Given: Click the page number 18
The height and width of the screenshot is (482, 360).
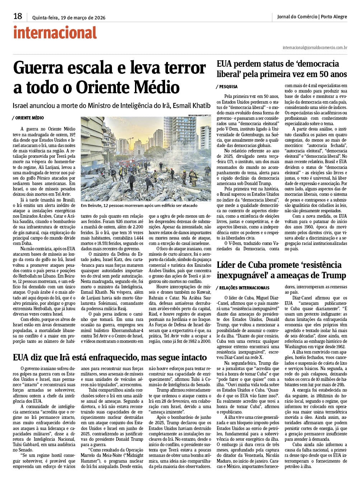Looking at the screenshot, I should point(18,16).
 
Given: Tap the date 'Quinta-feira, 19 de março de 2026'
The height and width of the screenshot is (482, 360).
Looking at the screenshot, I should point(69,18).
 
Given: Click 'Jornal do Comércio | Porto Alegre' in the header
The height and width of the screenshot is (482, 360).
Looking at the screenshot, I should point(312,17).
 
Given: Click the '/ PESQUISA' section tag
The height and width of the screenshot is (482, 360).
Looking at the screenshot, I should point(227,87).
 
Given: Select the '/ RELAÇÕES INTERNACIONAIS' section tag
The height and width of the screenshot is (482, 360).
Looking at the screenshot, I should point(243,288).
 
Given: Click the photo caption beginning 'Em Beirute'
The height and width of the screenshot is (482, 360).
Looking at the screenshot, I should point(139,205).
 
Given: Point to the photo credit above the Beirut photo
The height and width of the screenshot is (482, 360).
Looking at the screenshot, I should point(200,115).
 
